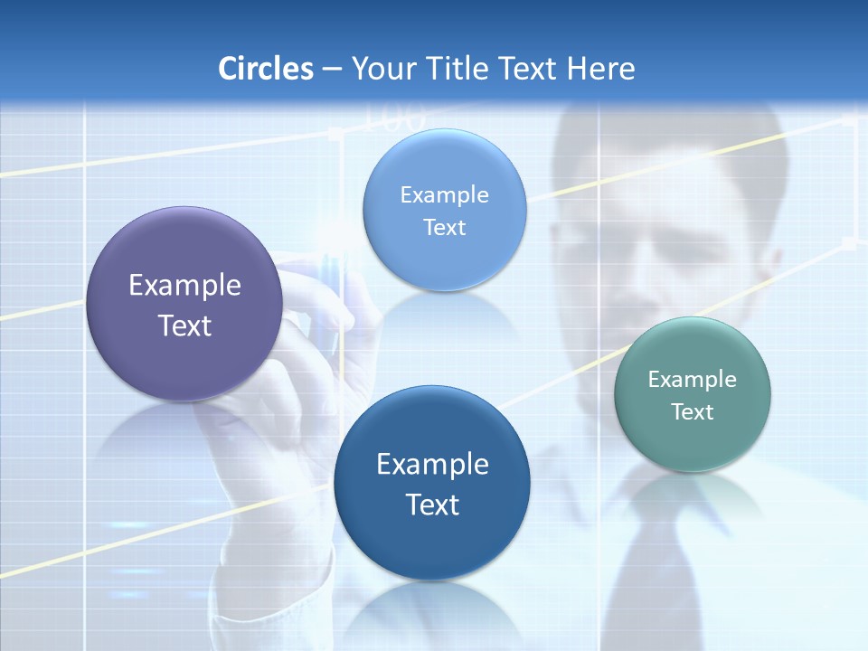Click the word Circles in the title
pos(265,69)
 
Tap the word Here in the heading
pos(600,69)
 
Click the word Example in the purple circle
pos(184,286)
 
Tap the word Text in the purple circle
pos(184,325)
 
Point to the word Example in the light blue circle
pos(444,195)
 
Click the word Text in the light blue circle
pos(444,228)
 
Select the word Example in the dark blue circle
pos(432,465)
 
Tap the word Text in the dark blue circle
pos(432,505)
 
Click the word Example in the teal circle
pos(693,380)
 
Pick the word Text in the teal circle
pos(693,412)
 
